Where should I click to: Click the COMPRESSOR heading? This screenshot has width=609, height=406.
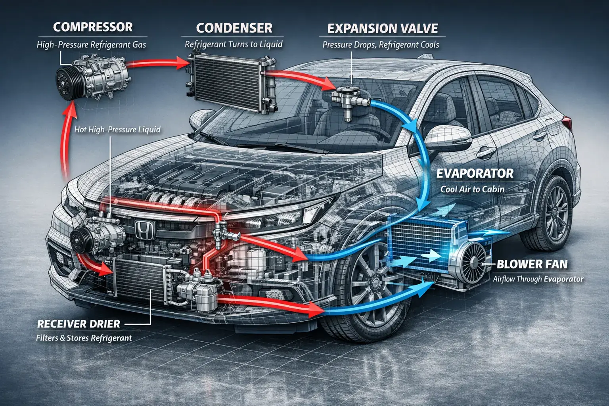tap(93, 27)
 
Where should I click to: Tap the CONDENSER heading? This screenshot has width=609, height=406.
tap(234, 28)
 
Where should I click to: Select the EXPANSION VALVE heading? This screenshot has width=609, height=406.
tap(383, 29)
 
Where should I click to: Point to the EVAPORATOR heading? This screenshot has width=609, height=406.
tap(475, 174)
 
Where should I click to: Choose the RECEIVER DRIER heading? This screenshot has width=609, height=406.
tap(79, 324)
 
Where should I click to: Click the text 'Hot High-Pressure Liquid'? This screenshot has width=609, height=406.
tap(117, 129)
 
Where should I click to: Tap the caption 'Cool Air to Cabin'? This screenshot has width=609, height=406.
tap(472, 189)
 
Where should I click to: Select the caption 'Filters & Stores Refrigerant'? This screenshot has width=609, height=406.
tap(84, 338)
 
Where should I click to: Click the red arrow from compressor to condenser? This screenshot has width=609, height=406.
tap(159, 63)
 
